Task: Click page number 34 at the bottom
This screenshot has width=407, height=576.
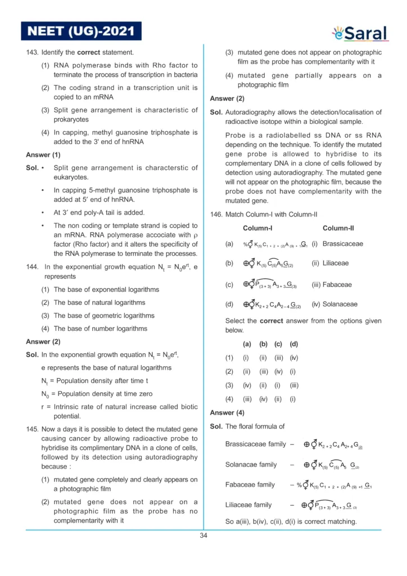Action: pos(203,535)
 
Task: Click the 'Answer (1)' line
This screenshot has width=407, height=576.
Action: pos(43,155)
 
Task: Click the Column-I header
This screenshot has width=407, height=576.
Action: pos(257,228)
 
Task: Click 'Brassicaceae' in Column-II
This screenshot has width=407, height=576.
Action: pos(343,244)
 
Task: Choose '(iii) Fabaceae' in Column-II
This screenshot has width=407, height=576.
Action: pos(332,285)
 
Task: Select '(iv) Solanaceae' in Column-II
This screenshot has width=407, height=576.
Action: pos(335,304)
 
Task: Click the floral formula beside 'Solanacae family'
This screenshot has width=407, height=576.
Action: pos(331,465)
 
